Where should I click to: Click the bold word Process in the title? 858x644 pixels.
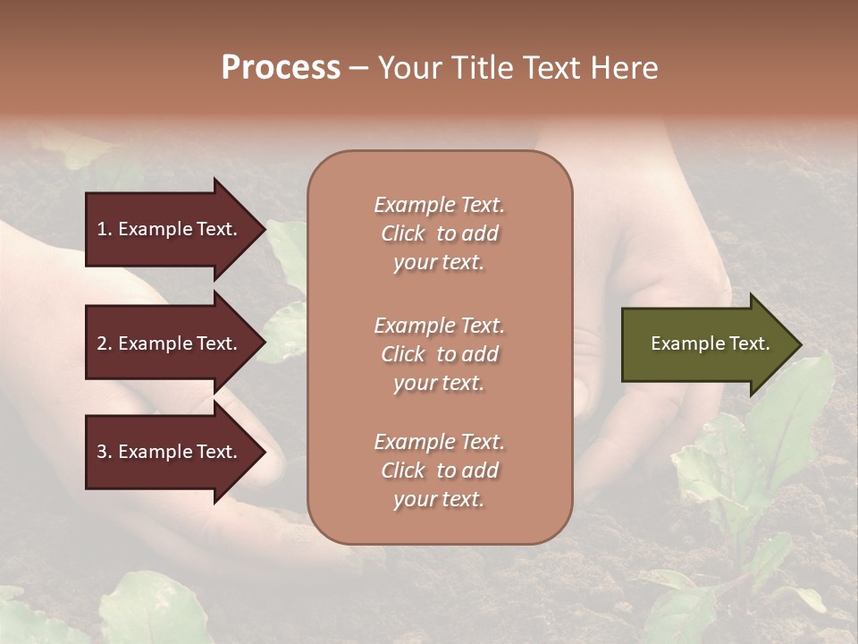[281, 68]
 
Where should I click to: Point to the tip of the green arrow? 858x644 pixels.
[799, 344]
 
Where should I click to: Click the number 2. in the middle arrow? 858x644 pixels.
[105, 343]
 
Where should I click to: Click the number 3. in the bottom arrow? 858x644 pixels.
[105, 452]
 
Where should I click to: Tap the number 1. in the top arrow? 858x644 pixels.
[105, 229]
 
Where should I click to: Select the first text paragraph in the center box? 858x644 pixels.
[439, 233]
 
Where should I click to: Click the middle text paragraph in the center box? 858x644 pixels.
[439, 354]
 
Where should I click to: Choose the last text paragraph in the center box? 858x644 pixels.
[439, 470]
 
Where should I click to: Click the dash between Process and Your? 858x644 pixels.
[359, 68]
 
